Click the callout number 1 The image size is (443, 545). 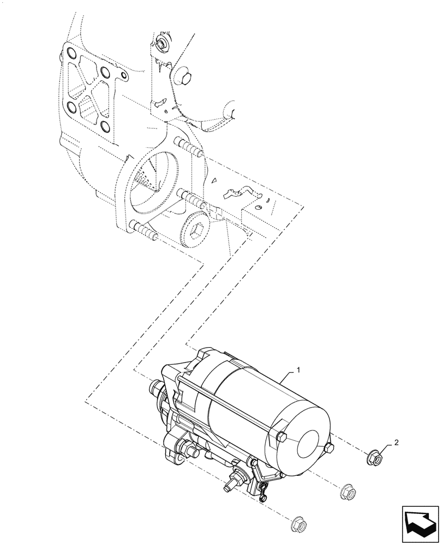point(298,370)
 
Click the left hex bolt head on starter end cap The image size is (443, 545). point(282,437)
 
